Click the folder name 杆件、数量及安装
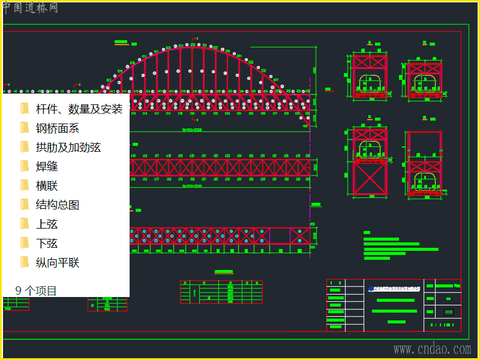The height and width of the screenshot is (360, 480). pos(79,109)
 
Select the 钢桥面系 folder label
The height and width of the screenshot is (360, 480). pos(58,128)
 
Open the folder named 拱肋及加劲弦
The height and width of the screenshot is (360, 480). pos(68,148)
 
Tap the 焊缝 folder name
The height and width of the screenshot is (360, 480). pos(47,167)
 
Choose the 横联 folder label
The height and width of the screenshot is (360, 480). pos(47,186)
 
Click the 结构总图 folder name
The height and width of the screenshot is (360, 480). pos(58,205)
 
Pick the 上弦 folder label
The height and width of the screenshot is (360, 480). pos(47,224)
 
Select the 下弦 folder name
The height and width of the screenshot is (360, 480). pos(47,244)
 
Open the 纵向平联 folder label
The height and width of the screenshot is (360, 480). pos(58,263)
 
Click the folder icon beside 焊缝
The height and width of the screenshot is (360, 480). pos(25,166)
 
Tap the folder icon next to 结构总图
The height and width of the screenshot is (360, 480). pos(25,205)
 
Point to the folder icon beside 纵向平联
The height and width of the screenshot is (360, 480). pos(25,262)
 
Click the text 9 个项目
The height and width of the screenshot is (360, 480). pos(36,291)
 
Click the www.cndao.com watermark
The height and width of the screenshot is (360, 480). pos(432,349)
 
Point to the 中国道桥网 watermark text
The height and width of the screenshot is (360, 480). pos(30,7)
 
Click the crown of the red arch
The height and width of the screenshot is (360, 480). pos(192,47)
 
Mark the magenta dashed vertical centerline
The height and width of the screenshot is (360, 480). pos(310,180)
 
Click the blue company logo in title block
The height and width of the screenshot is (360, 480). pos(371,287)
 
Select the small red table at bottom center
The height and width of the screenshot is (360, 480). pos(221,292)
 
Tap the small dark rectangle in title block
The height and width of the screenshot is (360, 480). pos(448,312)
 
